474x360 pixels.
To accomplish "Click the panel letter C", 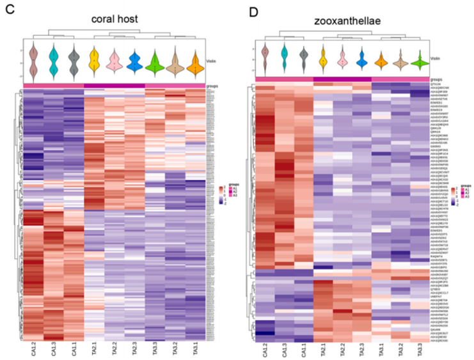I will (8, 8).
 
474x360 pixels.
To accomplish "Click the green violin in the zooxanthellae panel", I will (420, 63).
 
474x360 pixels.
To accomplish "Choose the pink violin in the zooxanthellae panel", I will (343, 58).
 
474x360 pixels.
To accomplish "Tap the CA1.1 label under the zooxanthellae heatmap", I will (304, 350).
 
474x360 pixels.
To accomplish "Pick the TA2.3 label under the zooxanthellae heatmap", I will (361, 350).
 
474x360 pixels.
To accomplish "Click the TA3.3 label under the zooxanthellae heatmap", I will (420, 350).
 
